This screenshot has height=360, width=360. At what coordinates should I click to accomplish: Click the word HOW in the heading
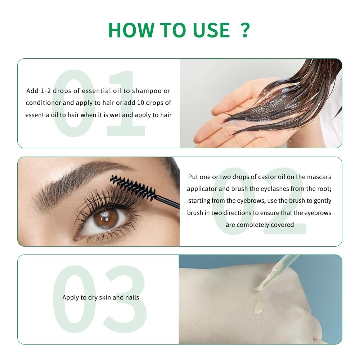[x=131, y=30]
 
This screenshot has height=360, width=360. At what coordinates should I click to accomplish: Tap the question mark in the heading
[x=245, y=30]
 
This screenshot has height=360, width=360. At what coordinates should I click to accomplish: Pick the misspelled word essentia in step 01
[x=37, y=115]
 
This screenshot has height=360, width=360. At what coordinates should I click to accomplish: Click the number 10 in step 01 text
[x=140, y=103]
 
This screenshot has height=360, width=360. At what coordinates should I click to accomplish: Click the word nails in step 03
[x=132, y=297]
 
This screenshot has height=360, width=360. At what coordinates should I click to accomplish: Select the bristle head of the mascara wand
[x=132, y=187]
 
